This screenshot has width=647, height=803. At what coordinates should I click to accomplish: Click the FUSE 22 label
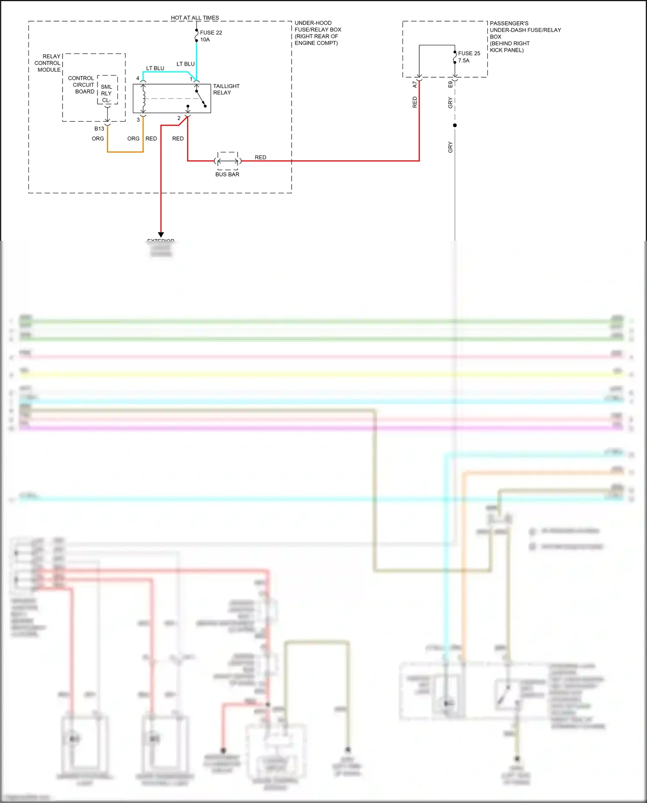pos(210,32)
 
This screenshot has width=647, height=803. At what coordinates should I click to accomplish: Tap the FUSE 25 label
pos(469,53)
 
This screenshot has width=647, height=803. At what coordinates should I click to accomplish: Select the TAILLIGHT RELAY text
pos(226,89)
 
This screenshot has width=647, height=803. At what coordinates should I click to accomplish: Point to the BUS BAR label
pos(227,174)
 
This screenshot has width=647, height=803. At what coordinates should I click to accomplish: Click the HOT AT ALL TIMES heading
pos(195,18)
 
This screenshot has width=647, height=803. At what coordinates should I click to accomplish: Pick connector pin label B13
pos(99,129)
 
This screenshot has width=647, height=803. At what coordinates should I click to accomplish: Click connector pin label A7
pos(415,85)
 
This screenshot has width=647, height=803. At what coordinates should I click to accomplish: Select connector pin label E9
pos(450,84)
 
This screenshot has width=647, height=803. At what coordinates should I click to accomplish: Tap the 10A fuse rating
pos(205,40)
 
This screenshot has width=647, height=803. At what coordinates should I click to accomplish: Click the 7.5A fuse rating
pos(464,60)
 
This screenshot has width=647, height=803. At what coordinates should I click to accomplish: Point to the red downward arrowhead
pos(161,235)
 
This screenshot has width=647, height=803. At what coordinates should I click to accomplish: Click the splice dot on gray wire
pos(455,125)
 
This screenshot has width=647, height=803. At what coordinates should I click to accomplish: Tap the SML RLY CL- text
pos(107,93)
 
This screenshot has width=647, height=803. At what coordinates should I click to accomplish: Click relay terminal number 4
pos(138,78)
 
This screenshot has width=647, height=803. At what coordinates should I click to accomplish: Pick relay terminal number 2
pos(179,118)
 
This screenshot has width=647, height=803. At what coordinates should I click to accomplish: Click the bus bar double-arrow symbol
pos(227,161)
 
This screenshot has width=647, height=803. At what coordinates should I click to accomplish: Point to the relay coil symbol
pos(144,99)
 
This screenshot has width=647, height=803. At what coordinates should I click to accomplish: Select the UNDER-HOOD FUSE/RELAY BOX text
pos(317,33)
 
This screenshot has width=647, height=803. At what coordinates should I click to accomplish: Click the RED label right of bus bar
pos(261,157)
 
